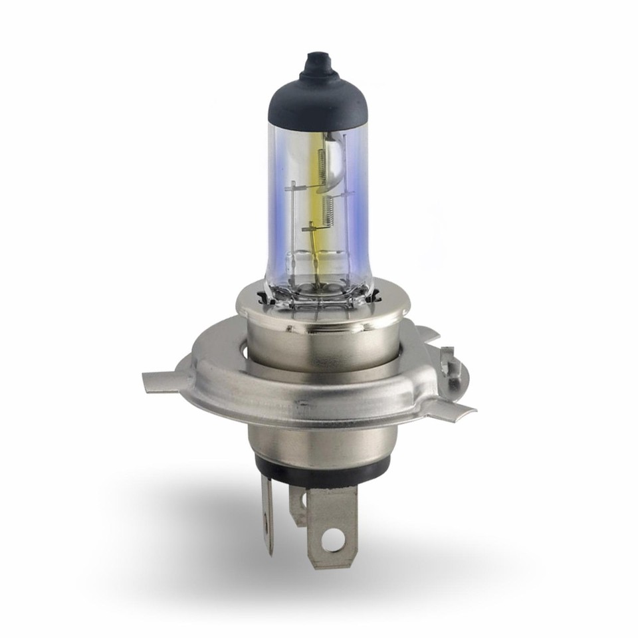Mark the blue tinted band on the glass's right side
point(357,206)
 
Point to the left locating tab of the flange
point(162,381)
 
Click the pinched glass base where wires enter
point(319,289)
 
